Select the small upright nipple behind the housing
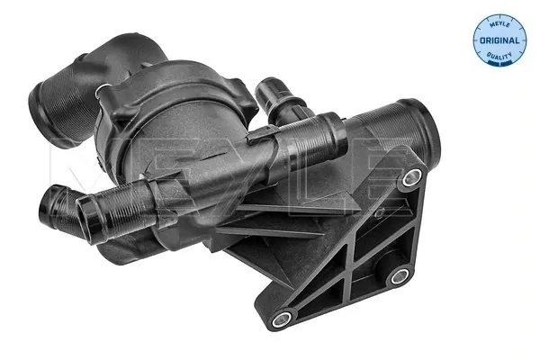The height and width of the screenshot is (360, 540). [x=267, y=92]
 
